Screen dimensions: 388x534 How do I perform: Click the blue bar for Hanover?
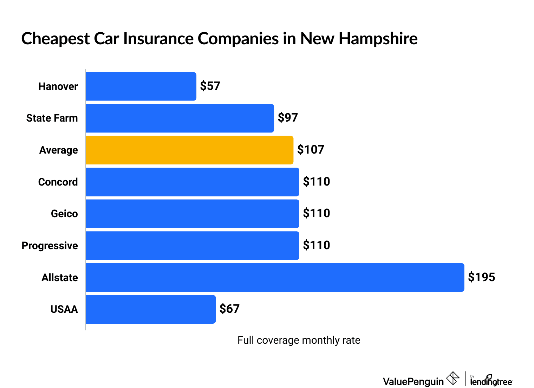141,86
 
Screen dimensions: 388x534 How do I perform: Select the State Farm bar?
180,118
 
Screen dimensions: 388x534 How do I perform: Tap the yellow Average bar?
189,150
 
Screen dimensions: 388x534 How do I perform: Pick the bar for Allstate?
275,277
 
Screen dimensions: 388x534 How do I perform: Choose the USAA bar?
150,309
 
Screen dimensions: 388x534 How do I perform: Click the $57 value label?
210,86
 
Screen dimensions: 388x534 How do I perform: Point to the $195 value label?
481,277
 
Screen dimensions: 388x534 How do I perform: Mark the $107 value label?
311,150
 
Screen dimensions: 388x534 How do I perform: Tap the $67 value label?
229,309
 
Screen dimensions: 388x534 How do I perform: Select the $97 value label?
288,118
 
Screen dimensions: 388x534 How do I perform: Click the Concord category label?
58,182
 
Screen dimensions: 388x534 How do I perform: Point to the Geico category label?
64,214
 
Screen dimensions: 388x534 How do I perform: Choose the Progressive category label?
50,246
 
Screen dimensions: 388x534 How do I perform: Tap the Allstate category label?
60,278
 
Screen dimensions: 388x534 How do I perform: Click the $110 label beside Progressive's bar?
317,245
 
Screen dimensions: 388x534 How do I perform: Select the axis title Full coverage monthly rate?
299,340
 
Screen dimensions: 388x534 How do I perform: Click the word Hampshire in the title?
378,39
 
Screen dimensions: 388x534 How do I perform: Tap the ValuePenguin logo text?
413,381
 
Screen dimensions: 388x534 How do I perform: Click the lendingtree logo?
491,381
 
